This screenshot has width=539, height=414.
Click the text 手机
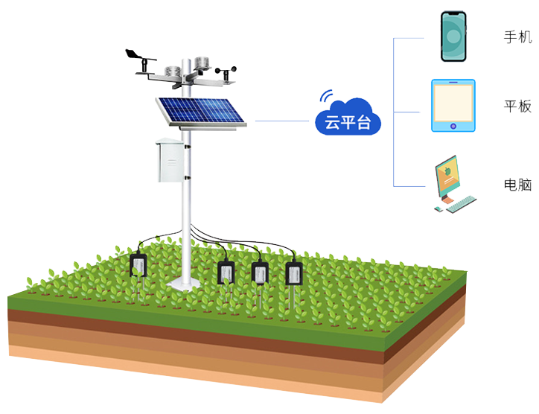(x=517, y=37)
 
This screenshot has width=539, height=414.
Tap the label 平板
(x=517, y=106)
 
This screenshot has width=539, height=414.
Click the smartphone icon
(x=453, y=36)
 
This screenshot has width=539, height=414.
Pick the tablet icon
(x=453, y=106)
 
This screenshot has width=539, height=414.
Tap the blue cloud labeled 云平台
(x=348, y=120)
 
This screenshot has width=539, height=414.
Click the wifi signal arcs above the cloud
(x=325, y=96)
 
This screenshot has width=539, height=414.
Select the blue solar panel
(x=200, y=112)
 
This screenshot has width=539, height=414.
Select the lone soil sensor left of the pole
(x=138, y=266)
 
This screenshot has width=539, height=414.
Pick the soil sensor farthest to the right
(x=294, y=273)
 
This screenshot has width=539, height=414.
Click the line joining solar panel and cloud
(x=283, y=121)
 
